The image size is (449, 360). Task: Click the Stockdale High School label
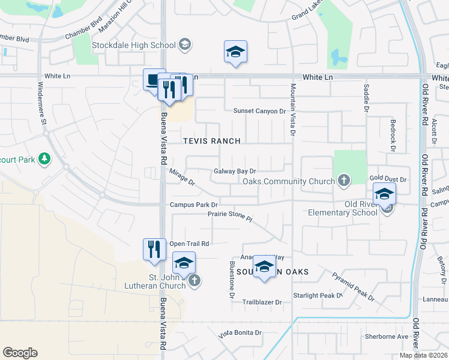pyautogui.click(x=133, y=45)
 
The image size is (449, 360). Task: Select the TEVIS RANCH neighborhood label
pyautogui.click(x=212, y=141)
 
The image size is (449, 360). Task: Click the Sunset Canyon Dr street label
pyautogui.click(x=260, y=111)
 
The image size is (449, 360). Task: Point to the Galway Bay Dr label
pyautogui.click(x=235, y=171)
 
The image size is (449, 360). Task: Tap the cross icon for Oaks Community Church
pyautogui.click(x=344, y=179)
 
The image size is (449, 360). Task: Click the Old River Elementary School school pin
pyautogui.click(x=384, y=195)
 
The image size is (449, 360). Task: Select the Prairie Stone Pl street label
pyautogui.click(x=231, y=215)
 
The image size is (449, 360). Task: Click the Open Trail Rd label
pyautogui.click(x=189, y=244)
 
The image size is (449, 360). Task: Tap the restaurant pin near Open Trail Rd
pyautogui.click(x=154, y=249)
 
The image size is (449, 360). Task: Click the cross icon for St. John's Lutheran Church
pyautogui.click(x=194, y=280)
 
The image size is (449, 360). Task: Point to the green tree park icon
pyautogui.click(x=44, y=159)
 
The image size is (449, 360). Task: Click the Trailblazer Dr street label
pyautogui.click(x=262, y=302)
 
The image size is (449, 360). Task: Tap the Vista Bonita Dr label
pyautogui.click(x=240, y=332)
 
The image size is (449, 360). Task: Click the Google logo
pyautogui.click(x=20, y=353)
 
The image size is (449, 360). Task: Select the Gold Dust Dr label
pyautogui.click(x=388, y=179)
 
